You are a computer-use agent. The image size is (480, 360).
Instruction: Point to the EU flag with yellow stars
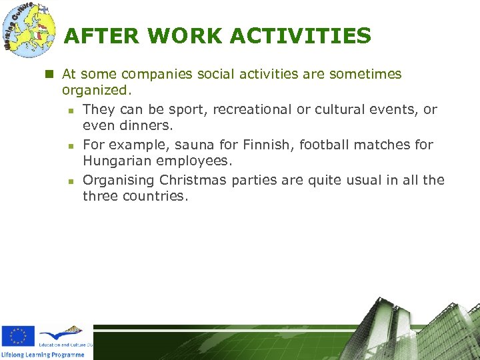point(18,337)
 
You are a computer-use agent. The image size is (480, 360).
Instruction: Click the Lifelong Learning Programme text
point(43,355)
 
